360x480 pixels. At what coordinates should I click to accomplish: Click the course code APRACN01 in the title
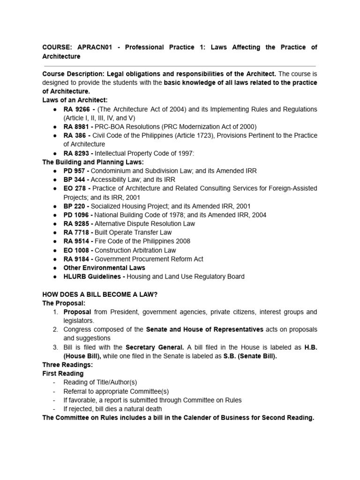pyautogui.click(x=92, y=47)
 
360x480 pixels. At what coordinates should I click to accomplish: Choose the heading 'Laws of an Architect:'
pyautogui.click(x=75, y=100)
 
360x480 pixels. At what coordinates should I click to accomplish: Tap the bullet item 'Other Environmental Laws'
pyautogui.click(x=104, y=268)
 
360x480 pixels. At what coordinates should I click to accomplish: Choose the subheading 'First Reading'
pyautogui.click(x=63, y=374)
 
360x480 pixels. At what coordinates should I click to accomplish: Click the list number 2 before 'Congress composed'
pyautogui.click(x=55, y=330)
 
